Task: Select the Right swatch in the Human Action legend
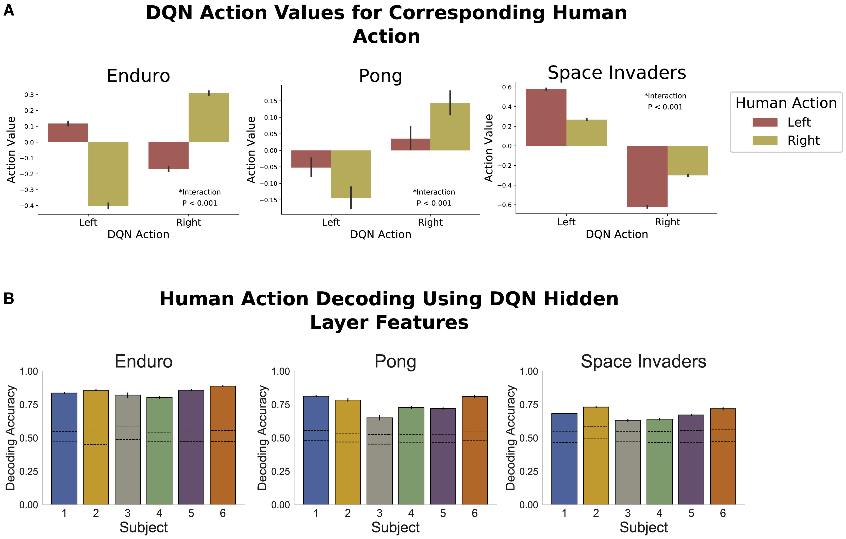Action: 765,140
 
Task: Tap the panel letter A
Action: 9,11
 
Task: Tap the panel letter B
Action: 9,298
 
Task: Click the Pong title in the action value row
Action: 380,76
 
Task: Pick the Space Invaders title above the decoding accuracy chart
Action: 643,361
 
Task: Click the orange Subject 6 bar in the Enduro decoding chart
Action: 223,445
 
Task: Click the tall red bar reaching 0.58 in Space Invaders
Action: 546,118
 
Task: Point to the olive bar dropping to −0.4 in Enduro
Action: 108,174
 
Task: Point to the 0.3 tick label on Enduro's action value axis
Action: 29,95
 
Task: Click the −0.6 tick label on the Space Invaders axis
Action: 504,205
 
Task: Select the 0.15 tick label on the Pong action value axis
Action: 271,101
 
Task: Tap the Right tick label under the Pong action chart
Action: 430,222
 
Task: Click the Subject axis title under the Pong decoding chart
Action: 395,527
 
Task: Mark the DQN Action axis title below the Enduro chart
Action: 138,234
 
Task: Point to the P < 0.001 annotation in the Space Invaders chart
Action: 665,107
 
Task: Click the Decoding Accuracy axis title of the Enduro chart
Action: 11,437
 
